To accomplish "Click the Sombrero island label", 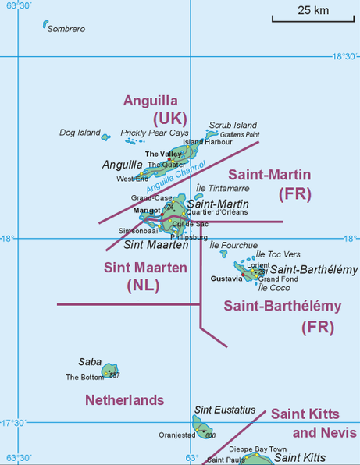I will pos(66,30).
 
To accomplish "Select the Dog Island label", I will pos(80,133).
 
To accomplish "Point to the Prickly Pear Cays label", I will pos(155,133).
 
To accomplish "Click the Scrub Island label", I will pos(233,125).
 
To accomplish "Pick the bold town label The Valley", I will pos(163,154).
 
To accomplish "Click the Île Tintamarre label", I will pos(223,188).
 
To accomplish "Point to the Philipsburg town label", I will pos(189,236).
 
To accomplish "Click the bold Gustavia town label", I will pos(226,279).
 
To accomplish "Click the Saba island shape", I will pos(110,369).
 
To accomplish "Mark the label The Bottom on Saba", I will pos(84,378).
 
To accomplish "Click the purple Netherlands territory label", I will pos(124,400).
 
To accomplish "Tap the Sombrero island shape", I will pos(45,25).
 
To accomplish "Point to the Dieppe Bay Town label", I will pos(258,449).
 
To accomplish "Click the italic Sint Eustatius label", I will pos(225,410).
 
